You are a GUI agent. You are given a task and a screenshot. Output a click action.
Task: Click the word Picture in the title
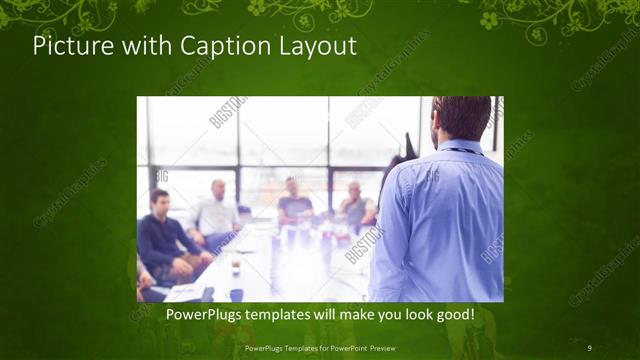66,46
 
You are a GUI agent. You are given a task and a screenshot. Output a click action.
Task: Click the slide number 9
591,347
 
